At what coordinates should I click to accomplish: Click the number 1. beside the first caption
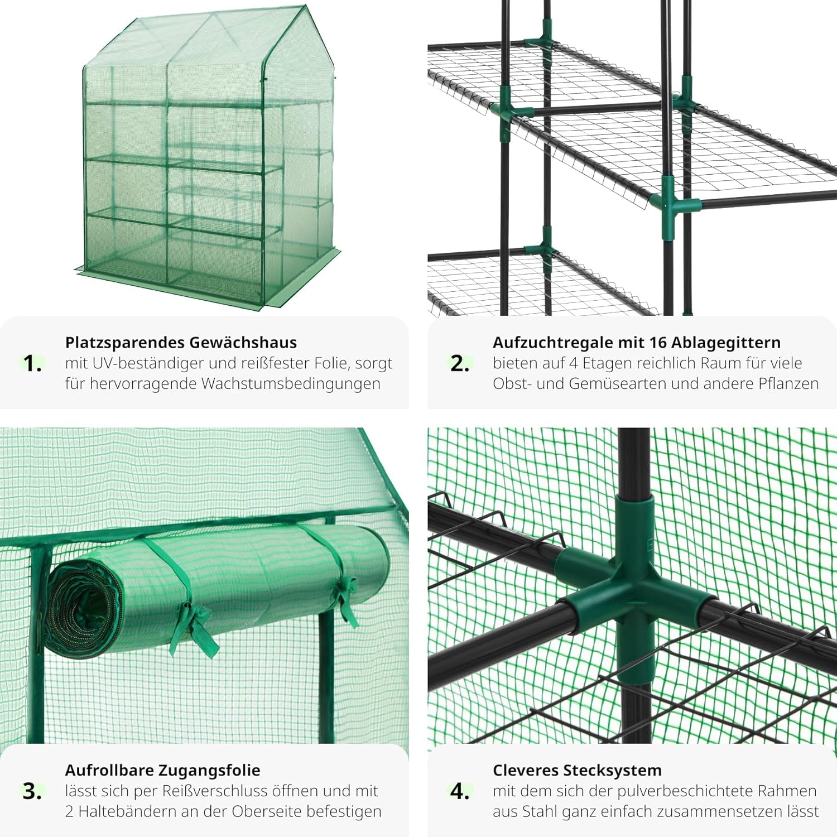point(32,364)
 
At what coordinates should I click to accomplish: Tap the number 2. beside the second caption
point(460,364)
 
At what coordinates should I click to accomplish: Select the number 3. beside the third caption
point(32,791)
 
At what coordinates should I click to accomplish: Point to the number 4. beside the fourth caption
point(460,791)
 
